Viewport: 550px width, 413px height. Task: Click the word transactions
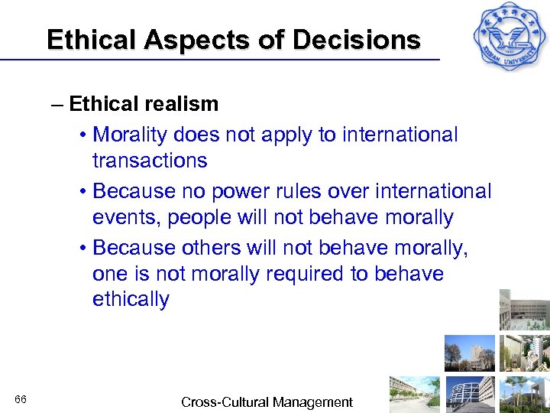click(x=150, y=161)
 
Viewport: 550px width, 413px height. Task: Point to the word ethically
click(x=131, y=299)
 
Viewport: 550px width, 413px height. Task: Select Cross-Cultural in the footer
click(x=219, y=402)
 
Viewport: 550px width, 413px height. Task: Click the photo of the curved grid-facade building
click(x=471, y=394)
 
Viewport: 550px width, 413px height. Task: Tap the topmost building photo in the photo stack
click(x=524, y=310)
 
